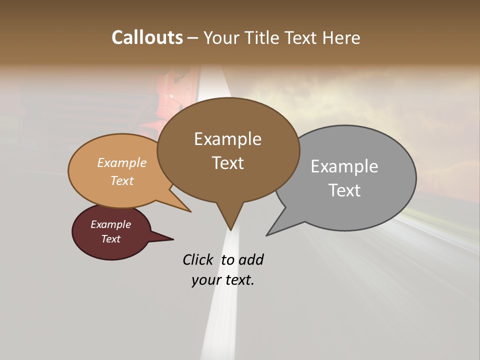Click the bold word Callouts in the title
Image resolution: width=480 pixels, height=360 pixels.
pos(147,37)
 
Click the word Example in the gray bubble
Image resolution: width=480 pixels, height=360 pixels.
pos(344,166)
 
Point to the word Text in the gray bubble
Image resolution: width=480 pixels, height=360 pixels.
pos(344,190)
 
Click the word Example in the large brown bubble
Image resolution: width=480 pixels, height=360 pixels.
pos(227,139)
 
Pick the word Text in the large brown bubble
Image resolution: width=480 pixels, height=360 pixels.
pos(227,163)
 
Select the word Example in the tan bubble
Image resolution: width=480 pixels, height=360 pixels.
pos(122,163)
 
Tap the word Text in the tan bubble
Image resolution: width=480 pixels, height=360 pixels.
pos(122,180)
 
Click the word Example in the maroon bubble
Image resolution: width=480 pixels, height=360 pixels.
pos(111,224)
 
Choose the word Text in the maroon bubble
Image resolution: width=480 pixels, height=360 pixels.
pos(111,239)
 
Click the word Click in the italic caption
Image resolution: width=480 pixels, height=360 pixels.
pos(199,260)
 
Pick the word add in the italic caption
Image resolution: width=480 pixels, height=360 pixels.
pos(251,260)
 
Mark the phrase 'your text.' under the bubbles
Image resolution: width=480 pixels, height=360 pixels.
pos(223,280)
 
